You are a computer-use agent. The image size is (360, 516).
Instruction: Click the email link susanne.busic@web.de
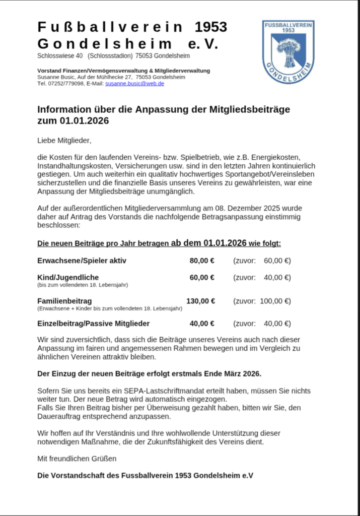tap(134, 84)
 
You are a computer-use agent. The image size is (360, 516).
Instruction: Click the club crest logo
tap(288, 51)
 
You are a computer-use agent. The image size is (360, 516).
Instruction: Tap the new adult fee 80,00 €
tap(202, 261)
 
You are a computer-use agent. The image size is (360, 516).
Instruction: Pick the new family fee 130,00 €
tap(201, 301)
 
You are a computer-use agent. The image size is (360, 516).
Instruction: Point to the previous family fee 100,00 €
tap(275, 301)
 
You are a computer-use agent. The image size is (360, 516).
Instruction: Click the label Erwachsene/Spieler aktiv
tap(82, 261)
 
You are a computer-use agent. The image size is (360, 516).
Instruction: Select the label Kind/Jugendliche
tap(68, 278)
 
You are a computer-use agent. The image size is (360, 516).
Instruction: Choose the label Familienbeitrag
tap(64, 301)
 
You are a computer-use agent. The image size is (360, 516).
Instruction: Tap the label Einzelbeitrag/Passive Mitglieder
tap(93, 324)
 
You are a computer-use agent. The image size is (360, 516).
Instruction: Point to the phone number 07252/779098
tap(65, 84)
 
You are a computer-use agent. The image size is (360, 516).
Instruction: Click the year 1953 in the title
tap(210, 27)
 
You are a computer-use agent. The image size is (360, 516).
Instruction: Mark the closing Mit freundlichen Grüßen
tap(77, 459)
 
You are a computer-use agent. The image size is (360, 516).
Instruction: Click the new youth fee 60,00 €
tap(202, 278)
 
